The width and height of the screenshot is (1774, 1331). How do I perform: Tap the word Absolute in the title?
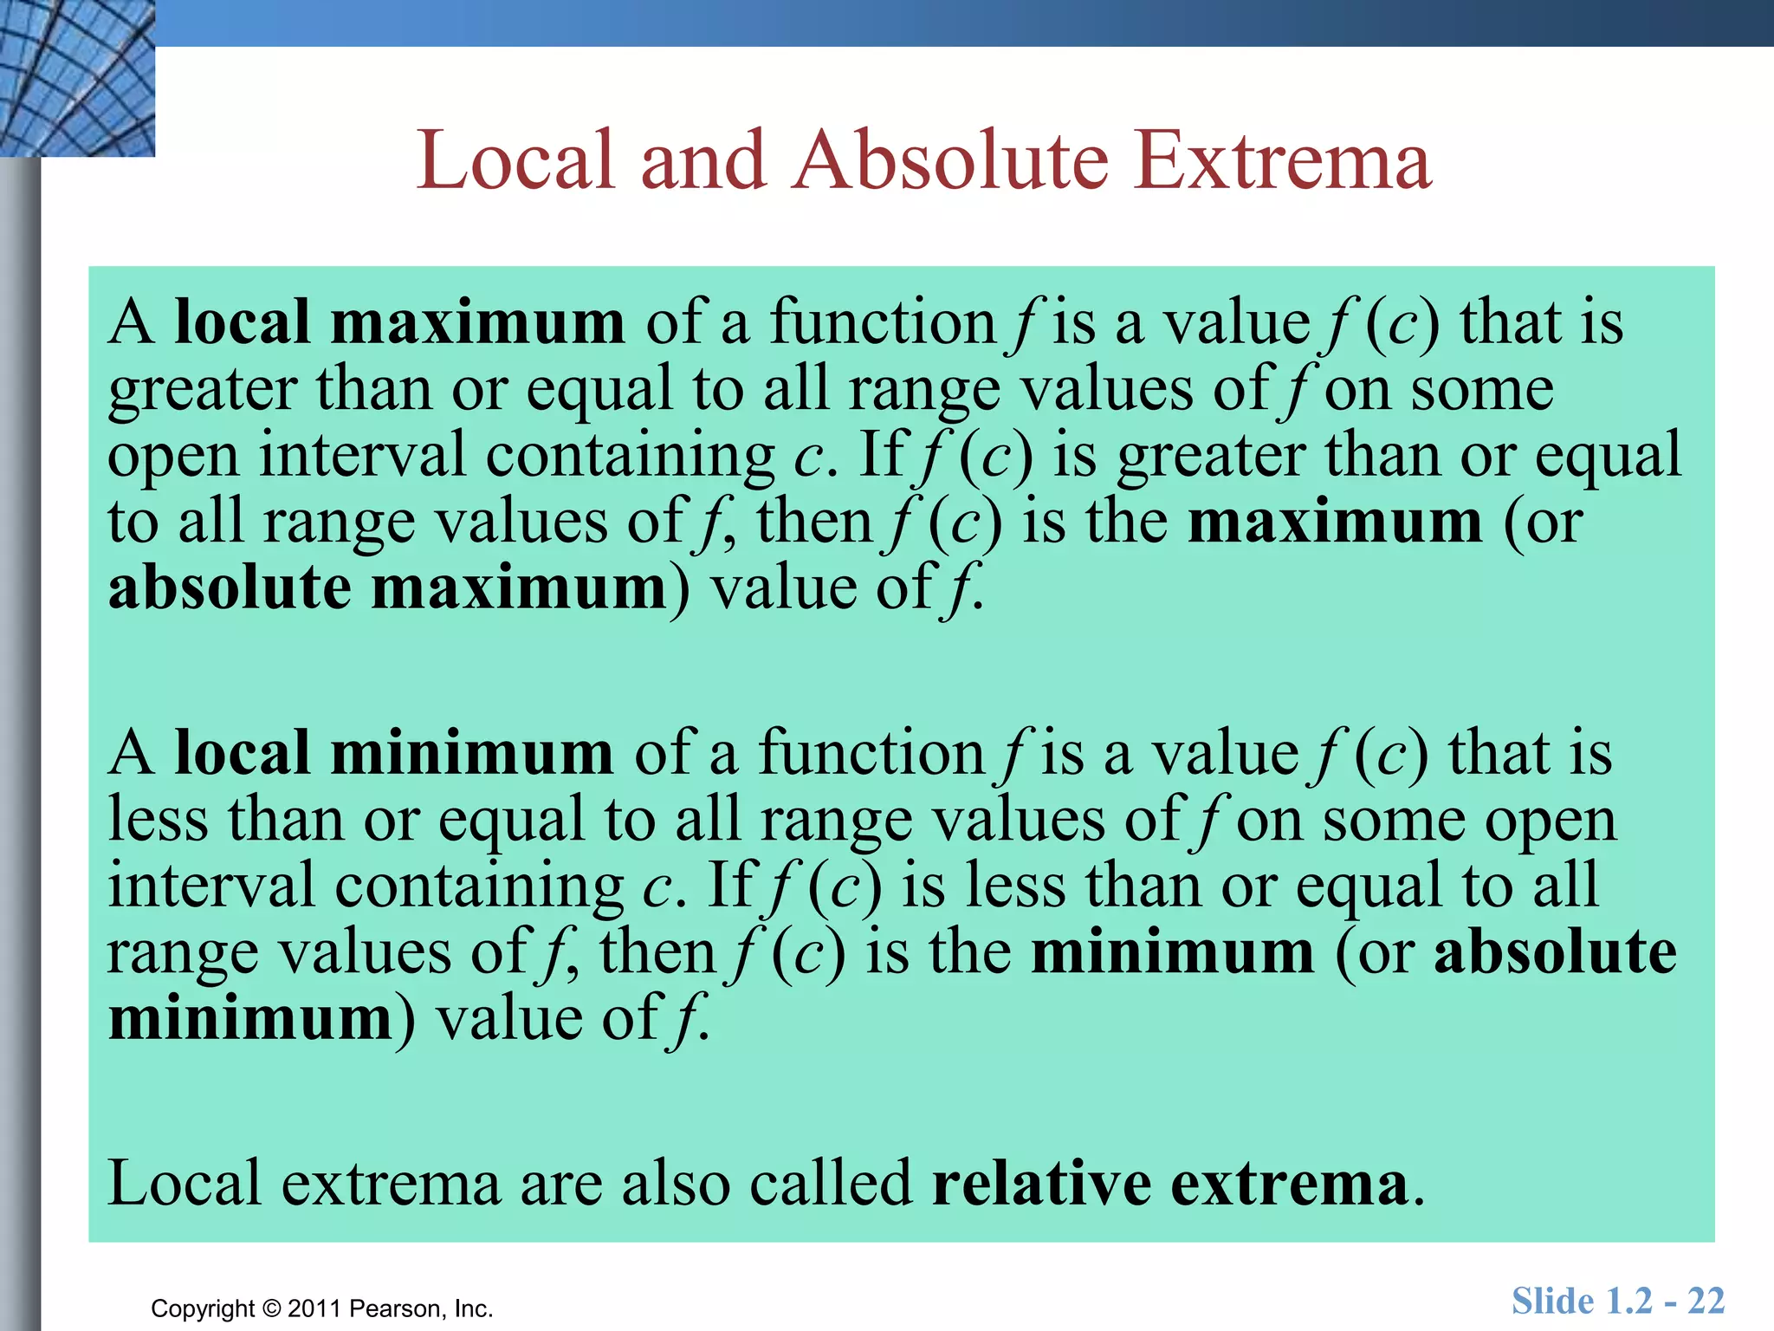tap(950, 161)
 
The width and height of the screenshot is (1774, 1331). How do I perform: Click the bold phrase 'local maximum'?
tap(399, 322)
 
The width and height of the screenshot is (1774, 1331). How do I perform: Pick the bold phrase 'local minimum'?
tap(394, 753)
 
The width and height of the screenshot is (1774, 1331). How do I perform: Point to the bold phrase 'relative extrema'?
tap(1170, 1184)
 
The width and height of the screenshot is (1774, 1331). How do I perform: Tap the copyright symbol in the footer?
tap(272, 1308)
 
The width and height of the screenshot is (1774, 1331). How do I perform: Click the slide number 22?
tap(1706, 1302)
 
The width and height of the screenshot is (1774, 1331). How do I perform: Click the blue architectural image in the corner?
tap(77, 78)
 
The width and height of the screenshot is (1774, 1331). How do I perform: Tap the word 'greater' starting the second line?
tap(203, 390)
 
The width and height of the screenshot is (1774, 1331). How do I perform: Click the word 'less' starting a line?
tap(158, 820)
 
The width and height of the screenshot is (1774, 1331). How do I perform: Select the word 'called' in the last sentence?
tap(831, 1184)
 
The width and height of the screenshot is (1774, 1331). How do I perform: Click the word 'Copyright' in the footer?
tap(203, 1308)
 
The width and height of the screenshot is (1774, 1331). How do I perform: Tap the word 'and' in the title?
tap(703, 161)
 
